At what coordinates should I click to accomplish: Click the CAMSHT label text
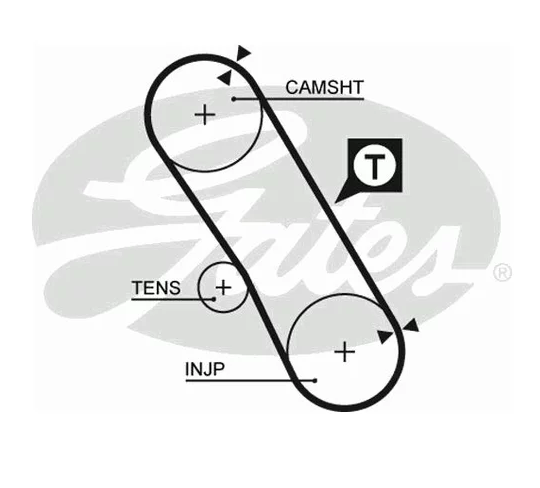(324, 87)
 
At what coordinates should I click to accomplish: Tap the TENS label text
(156, 288)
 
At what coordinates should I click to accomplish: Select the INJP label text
(205, 369)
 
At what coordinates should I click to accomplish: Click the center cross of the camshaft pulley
(205, 114)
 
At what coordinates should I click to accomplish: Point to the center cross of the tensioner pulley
(224, 287)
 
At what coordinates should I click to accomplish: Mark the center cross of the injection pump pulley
(345, 352)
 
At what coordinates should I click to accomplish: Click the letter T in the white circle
(374, 167)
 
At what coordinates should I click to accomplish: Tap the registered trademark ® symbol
(502, 273)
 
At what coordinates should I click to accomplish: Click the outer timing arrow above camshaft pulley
(243, 53)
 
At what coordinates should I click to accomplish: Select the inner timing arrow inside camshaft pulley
(225, 78)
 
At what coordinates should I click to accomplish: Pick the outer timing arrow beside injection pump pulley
(412, 325)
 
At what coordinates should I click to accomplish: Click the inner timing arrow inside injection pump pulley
(385, 336)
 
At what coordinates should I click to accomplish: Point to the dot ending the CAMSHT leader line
(234, 99)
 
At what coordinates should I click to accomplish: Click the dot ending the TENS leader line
(214, 299)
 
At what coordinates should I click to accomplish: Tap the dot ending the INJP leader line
(315, 381)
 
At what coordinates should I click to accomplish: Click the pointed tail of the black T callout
(335, 202)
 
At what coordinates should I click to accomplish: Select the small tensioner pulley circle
(198, 287)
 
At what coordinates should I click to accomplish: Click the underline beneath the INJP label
(250, 381)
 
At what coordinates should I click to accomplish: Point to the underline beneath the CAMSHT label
(299, 99)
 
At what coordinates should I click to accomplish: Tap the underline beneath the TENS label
(173, 299)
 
